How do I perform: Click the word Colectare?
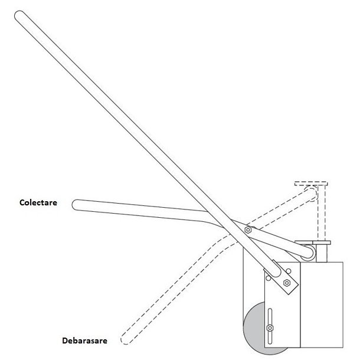[x=38, y=202]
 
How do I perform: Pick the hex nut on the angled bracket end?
[x=287, y=283]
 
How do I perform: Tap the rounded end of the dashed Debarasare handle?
[x=125, y=339]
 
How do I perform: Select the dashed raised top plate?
[x=311, y=182]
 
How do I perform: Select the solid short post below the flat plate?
[x=322, y=252]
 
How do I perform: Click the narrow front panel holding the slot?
[x=282, y=313]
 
